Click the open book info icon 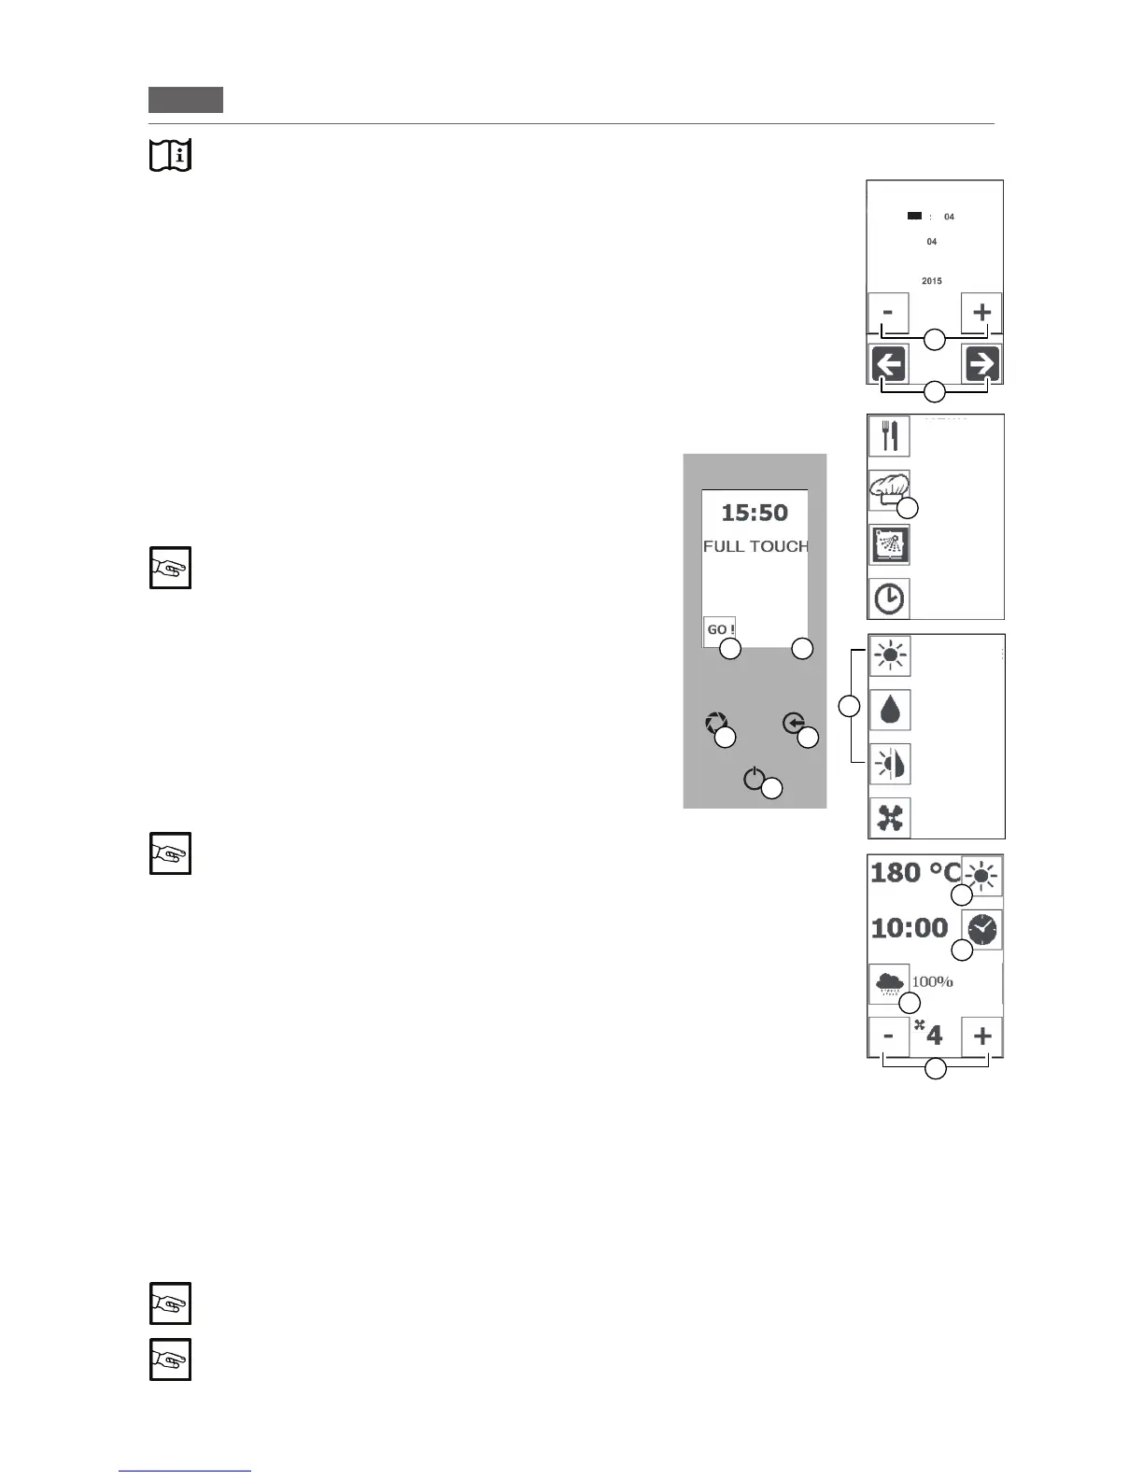170,155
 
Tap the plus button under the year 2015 981,312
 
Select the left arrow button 888,364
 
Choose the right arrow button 982,364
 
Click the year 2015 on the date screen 931,281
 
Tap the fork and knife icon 889,436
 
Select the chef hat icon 888,488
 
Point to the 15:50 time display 755,513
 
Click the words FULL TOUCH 755,546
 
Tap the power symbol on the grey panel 755,779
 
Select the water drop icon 890,710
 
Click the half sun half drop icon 890,764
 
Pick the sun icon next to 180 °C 982,876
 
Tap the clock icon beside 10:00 982,929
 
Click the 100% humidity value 932,981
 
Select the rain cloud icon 888,983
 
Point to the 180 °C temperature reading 914,873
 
